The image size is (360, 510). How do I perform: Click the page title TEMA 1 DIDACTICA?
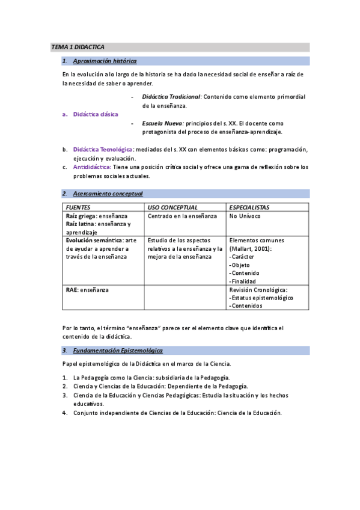pos(78,46)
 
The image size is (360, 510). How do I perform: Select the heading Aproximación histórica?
pos(104,61)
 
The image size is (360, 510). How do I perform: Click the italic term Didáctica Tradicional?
pos(171,96)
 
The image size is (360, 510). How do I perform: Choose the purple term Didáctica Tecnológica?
pos(103,149)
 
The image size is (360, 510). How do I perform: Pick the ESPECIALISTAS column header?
pos(249,207)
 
